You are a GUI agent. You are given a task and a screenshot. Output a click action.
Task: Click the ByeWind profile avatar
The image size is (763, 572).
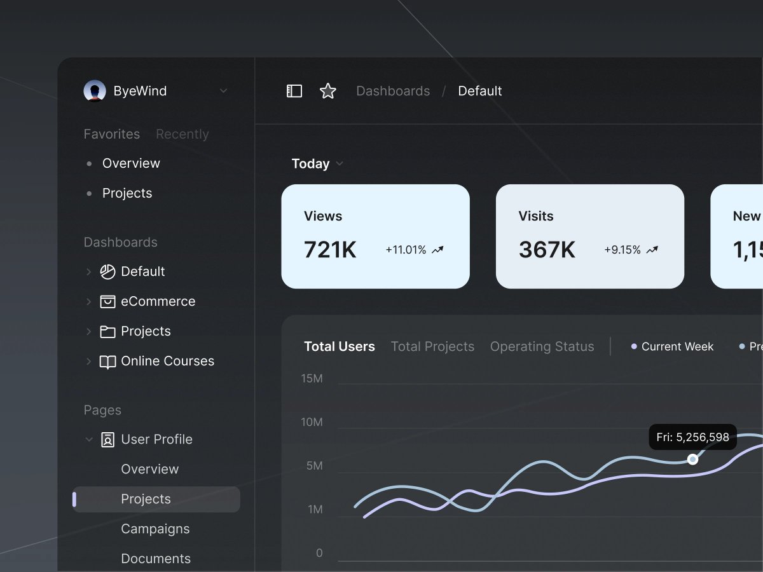point(95,91)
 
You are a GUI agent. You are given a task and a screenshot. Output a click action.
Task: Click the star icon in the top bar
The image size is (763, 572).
point(327,91)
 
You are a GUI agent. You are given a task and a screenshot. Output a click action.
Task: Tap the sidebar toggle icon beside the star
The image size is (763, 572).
point(294,91)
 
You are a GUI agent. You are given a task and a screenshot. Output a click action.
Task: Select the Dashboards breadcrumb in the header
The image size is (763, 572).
point(393,91)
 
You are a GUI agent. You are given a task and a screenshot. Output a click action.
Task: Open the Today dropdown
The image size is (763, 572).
point(317,163)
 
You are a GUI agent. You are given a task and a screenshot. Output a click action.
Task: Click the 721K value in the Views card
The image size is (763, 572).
point(330,250)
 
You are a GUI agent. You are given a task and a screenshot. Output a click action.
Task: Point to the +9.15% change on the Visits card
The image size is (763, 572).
point(622,250)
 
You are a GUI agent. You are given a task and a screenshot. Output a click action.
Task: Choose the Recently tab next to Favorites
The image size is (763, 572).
point(182,134)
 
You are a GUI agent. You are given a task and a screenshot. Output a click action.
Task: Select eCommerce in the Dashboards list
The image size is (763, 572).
point(158,301)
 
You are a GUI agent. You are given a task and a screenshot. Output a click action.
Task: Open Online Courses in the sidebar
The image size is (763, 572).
point(167,361)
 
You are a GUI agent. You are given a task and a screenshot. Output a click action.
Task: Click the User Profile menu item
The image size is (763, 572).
point(156,439)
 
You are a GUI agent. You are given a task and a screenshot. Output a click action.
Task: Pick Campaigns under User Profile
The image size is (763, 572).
point(155,529)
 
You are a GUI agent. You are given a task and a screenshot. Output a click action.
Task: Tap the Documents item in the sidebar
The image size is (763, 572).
point(156,559)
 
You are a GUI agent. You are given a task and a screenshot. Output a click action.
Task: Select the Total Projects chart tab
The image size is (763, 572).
point(432,346)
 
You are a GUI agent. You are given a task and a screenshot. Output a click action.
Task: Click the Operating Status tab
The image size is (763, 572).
point(542,346)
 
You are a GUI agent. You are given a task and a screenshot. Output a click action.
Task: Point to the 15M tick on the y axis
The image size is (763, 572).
point(312,379)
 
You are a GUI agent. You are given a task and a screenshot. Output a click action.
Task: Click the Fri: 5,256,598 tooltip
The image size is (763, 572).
point(692,437)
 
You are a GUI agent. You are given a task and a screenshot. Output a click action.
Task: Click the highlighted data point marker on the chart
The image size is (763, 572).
point(693,459)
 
